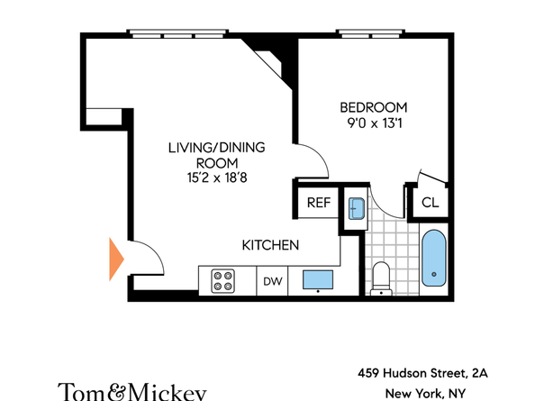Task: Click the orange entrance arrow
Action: coord(116,259)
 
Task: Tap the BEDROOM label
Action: coord(374,107)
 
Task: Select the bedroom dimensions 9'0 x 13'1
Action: coord(375,123)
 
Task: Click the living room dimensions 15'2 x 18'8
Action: coord(217,178)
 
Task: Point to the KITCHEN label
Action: coord(270,245)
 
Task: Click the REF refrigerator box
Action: coord(319,203)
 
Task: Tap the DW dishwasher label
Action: coord(273,281)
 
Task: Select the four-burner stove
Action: coord(222,281)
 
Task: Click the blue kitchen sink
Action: coord(318,280)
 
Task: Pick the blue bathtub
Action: coord(433,258)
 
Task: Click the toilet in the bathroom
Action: coord(381,278)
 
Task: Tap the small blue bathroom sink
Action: coord(356,208)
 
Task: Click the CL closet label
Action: coord(430,203)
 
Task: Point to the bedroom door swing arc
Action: coord(319,153)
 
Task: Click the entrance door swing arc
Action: coord(154,250)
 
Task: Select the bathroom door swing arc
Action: coord(380,207)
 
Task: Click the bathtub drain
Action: coord(434,274)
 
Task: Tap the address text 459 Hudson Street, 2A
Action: coord(422,373)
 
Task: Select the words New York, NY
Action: coord(425,394)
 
